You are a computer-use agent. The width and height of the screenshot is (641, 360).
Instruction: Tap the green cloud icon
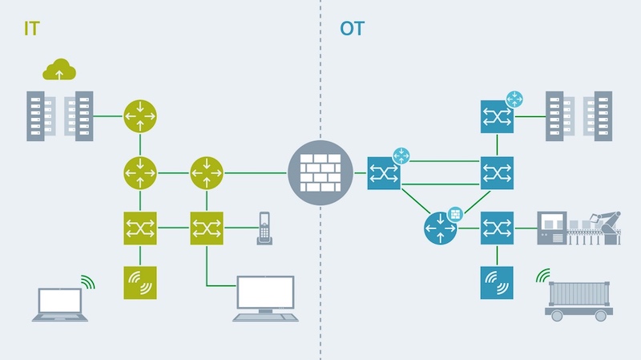coord(59,71)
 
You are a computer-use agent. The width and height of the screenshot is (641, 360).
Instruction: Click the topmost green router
coord(139,116)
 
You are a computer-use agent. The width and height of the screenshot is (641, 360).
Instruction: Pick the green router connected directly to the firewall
coord(206,172)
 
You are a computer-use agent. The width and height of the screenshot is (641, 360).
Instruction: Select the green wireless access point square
coord(139,283)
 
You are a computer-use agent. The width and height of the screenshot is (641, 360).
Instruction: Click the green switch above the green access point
coord(139,229)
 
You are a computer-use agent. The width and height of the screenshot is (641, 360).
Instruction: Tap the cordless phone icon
coord(264,229)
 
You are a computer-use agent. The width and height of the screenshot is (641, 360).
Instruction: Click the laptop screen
coord(61,299)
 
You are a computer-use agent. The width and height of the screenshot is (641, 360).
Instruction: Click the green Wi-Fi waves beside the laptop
coord(87,281)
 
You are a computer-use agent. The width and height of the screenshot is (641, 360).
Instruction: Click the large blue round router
coord(440,229)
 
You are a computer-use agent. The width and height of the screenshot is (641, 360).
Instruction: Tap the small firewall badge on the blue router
coord(457,213)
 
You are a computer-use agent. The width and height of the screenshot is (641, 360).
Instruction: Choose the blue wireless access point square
coord(497,283)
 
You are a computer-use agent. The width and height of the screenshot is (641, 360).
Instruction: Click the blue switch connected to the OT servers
coord(497,116)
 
